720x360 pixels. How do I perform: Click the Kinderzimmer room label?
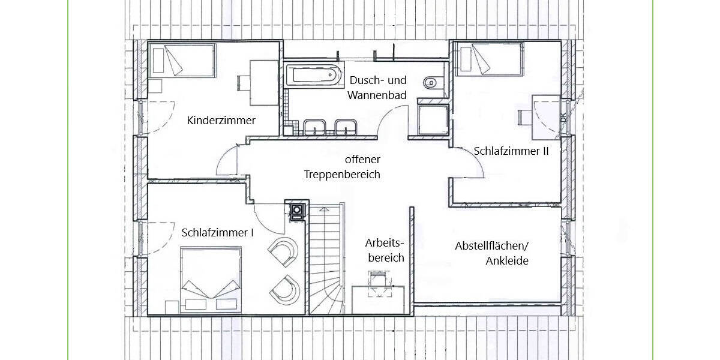tap(221, 121)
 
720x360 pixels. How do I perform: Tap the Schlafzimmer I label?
tap(217, 233)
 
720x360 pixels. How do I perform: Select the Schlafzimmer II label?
tap(511, 151)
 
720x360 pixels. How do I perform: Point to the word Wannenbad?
tap(378, 95)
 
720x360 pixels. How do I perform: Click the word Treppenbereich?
tap(343, 175)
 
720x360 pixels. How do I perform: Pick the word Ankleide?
tap(506, 261)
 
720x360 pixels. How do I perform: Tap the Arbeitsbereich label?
tap(385, 250)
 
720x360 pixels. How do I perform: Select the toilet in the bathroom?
tap(430, 83)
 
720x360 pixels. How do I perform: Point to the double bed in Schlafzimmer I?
tap(210, 279)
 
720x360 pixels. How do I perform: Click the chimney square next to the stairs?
tap(297, 211)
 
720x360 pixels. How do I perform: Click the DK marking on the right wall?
tap(563, 119)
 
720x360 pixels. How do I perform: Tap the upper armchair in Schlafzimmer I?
tap(284, 250)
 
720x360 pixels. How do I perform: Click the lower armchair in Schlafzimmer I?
tap(285, 289)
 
